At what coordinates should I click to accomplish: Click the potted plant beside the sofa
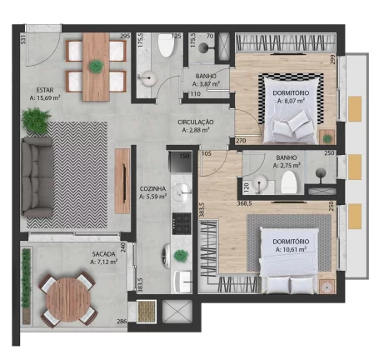pyautogui.click(x=35, y=122)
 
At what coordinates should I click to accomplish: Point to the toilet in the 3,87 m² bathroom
pyautogui.click(x=164, y=49)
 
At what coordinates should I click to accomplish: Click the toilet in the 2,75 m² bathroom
pyautogui.click(x=288, y=183)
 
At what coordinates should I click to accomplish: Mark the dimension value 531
pyautogui.click(x=24, y=40)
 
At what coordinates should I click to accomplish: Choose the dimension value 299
pyautogui.click(x=332, y=60)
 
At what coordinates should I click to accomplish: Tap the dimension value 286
pyautogui.click(x=122, y=322)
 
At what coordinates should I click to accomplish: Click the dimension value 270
pyautogui.click(x=242, y=142)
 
